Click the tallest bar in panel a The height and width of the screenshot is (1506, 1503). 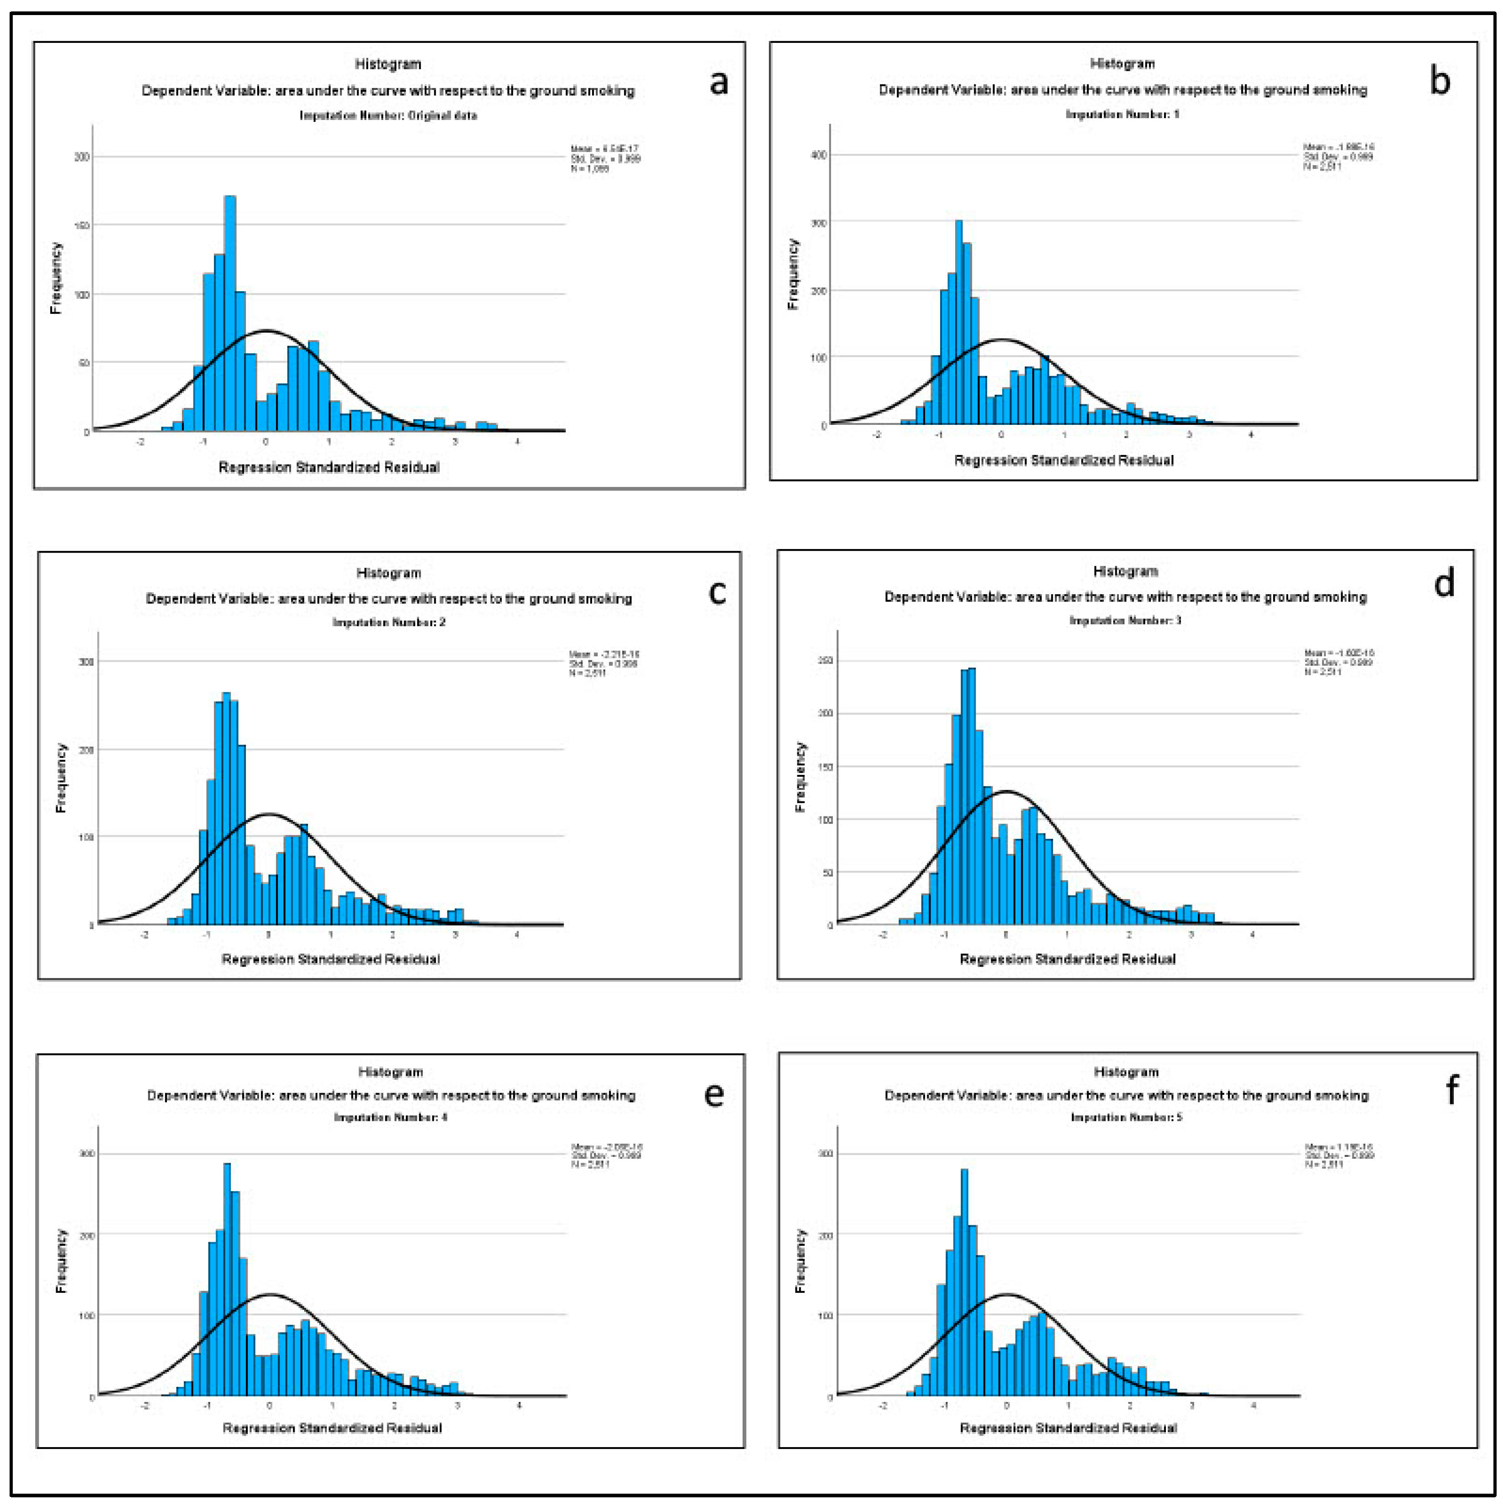point(230,312)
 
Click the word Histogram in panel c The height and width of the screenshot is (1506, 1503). point(388,573)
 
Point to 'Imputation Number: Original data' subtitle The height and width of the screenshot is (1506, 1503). point(388,115)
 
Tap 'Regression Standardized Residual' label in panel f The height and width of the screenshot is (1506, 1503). point(1067,1428)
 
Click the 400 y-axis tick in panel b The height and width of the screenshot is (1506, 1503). point(818,155)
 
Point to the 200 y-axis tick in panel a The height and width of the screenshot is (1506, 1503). point(81,157)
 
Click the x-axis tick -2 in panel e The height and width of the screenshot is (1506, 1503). point(145,1406)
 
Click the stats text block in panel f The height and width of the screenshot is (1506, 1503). point(1339,1155)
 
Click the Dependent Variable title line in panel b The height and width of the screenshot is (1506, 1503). point(1122,89)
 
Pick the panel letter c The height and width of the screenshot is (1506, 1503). point(716,592)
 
